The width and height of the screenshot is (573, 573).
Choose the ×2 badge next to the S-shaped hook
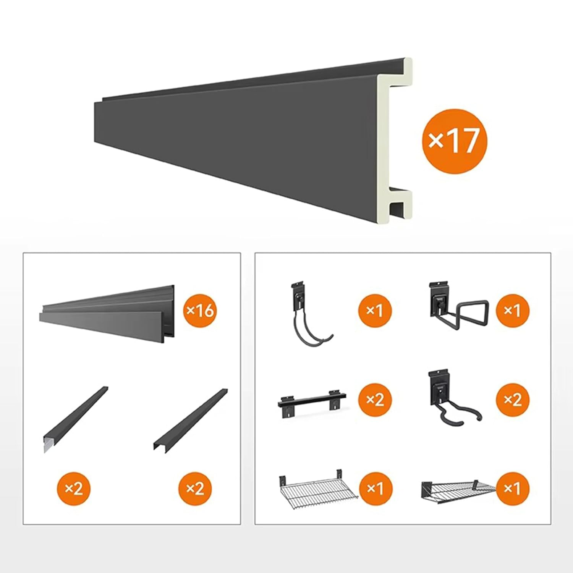513,400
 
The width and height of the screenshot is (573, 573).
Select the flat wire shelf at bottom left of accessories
317,489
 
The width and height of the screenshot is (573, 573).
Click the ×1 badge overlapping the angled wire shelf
513,489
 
